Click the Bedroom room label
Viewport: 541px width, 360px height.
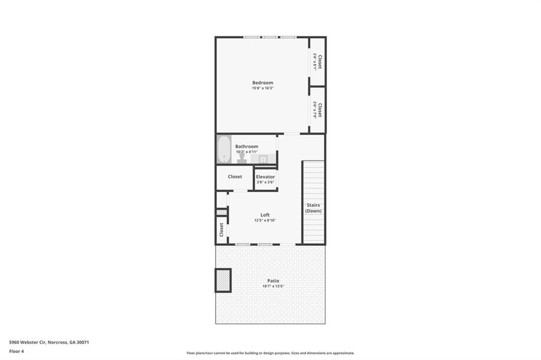[263, 83]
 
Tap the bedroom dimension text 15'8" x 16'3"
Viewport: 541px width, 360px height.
[263, 88]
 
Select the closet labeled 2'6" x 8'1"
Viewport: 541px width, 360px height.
[318, 61]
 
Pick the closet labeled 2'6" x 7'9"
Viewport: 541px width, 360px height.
[318, 110]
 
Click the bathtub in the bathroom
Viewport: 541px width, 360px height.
[224, 150]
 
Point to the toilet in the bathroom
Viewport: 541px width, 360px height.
[242, 157]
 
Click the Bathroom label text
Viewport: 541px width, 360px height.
[247, 146]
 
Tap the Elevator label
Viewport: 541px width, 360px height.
[265, 176]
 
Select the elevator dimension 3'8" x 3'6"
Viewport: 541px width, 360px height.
[265, 182]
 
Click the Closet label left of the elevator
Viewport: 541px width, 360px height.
[235, 176]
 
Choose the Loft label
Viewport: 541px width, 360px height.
[265, 215]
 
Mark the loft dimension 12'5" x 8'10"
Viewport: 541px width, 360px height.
[265, 221]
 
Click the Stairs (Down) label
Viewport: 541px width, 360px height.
[313, 208]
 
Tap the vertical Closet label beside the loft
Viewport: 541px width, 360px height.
[221, 230]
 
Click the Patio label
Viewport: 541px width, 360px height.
[273, 281]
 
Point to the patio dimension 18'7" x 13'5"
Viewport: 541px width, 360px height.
[273, 287]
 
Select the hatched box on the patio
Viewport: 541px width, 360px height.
[223, 280]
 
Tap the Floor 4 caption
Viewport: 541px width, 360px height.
[16, 351]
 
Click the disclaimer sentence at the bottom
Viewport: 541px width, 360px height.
[270, 353]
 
